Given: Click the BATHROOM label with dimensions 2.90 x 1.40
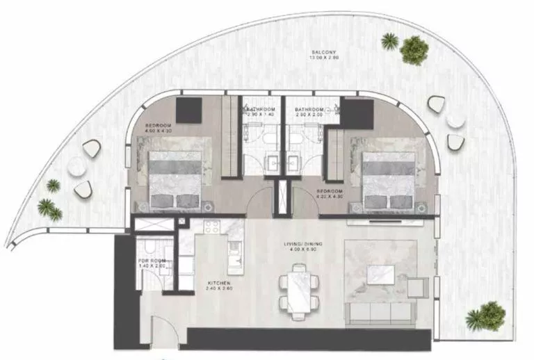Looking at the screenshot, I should (x=260, y=113).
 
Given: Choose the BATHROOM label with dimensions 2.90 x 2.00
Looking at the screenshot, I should (x=310, y=113).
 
